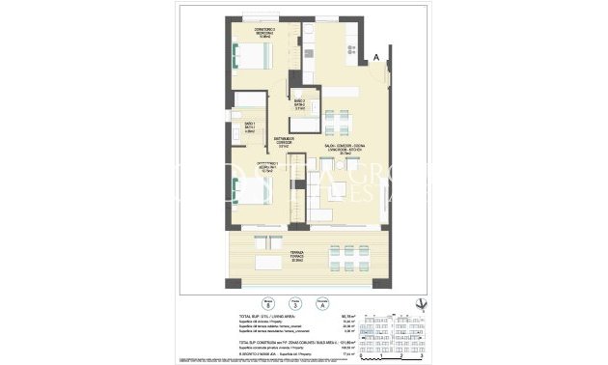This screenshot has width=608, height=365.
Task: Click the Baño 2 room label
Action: click(300, 103)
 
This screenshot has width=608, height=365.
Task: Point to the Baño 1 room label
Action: click(248, 126)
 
